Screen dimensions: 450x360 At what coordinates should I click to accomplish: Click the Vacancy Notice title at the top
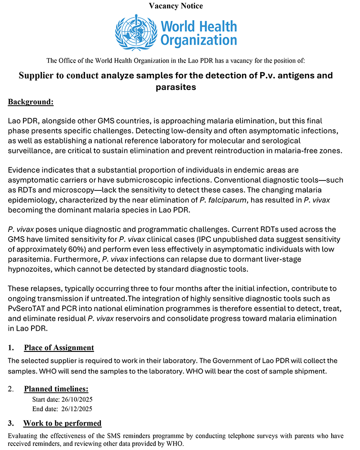coord(180,6)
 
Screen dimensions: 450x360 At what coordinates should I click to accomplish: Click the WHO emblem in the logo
coord(135,31)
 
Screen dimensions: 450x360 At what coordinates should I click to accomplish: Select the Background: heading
coord(31,102)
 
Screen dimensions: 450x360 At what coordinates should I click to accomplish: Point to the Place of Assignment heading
coord(59,347)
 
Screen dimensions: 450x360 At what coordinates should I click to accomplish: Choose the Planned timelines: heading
coord(56,389)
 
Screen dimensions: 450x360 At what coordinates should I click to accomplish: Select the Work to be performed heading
coord(62,423)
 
